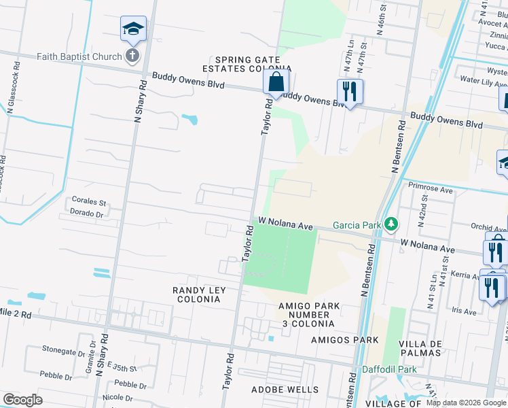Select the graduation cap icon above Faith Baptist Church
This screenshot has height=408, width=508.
point(133,29)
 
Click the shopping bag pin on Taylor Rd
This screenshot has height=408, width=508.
point(276,82)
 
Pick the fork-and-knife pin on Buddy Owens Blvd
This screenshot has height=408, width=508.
point(350,91)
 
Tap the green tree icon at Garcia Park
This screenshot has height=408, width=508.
point(391,223)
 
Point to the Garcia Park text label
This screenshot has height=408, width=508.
point(355,225)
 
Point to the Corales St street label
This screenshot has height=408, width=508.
point(89,202)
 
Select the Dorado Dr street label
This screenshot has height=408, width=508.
point(86,213)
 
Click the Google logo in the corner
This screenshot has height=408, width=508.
point(22,400)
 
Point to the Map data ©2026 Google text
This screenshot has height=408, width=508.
point(465,403)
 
